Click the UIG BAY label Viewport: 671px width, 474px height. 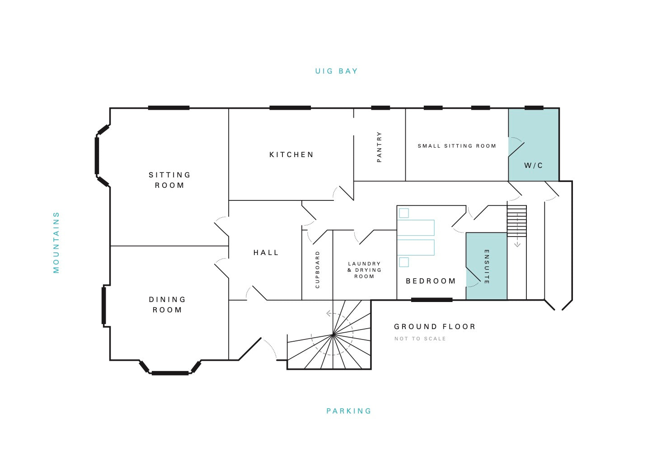tap(336, 71)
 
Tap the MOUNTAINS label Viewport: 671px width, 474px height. tap(56, 242)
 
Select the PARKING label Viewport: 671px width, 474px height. tap(349, 411)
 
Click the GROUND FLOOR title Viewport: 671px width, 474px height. tap(435, 326)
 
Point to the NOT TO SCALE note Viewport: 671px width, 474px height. tap(420, 339)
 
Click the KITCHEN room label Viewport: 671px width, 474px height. tap(291, 154)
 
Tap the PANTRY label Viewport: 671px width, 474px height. tap(379, 147)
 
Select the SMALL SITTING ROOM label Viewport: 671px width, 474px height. tap(457, 146)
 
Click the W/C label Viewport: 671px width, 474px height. tap(533, 165)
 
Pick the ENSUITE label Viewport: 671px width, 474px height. tap(487, 267)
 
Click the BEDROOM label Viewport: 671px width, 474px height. tap(431, 281)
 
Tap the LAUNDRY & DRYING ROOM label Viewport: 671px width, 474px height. tap(364, 270)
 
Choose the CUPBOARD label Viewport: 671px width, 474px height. tap(318, 270)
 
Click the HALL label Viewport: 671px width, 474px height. tap(266, 252)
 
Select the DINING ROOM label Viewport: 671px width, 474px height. tap(167, 305)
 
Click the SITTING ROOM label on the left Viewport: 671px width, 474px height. tap(169, 180)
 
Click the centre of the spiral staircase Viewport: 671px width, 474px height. tap(333, 335)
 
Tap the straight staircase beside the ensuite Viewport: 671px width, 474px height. tap(517, 221)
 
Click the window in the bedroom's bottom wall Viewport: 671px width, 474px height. tap(432, 300)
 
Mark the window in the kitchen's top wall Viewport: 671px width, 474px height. tap(290, 108)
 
